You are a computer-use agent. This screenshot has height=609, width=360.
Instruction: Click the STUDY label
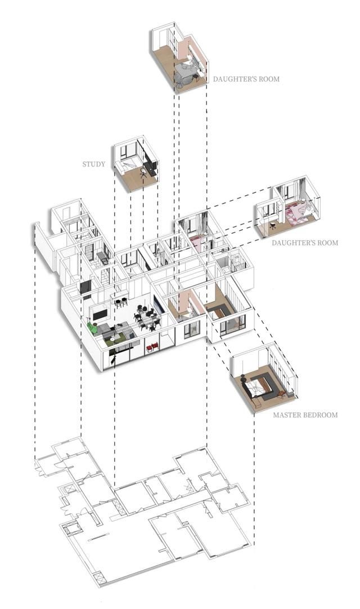(93, 164)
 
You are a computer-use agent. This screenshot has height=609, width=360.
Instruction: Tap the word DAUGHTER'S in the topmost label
(231, 79)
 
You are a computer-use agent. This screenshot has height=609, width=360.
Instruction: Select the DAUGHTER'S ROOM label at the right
(304, 243)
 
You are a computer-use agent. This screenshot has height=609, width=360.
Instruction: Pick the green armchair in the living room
(93, 327)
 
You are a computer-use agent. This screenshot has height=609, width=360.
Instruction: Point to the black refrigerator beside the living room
(85, 288)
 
